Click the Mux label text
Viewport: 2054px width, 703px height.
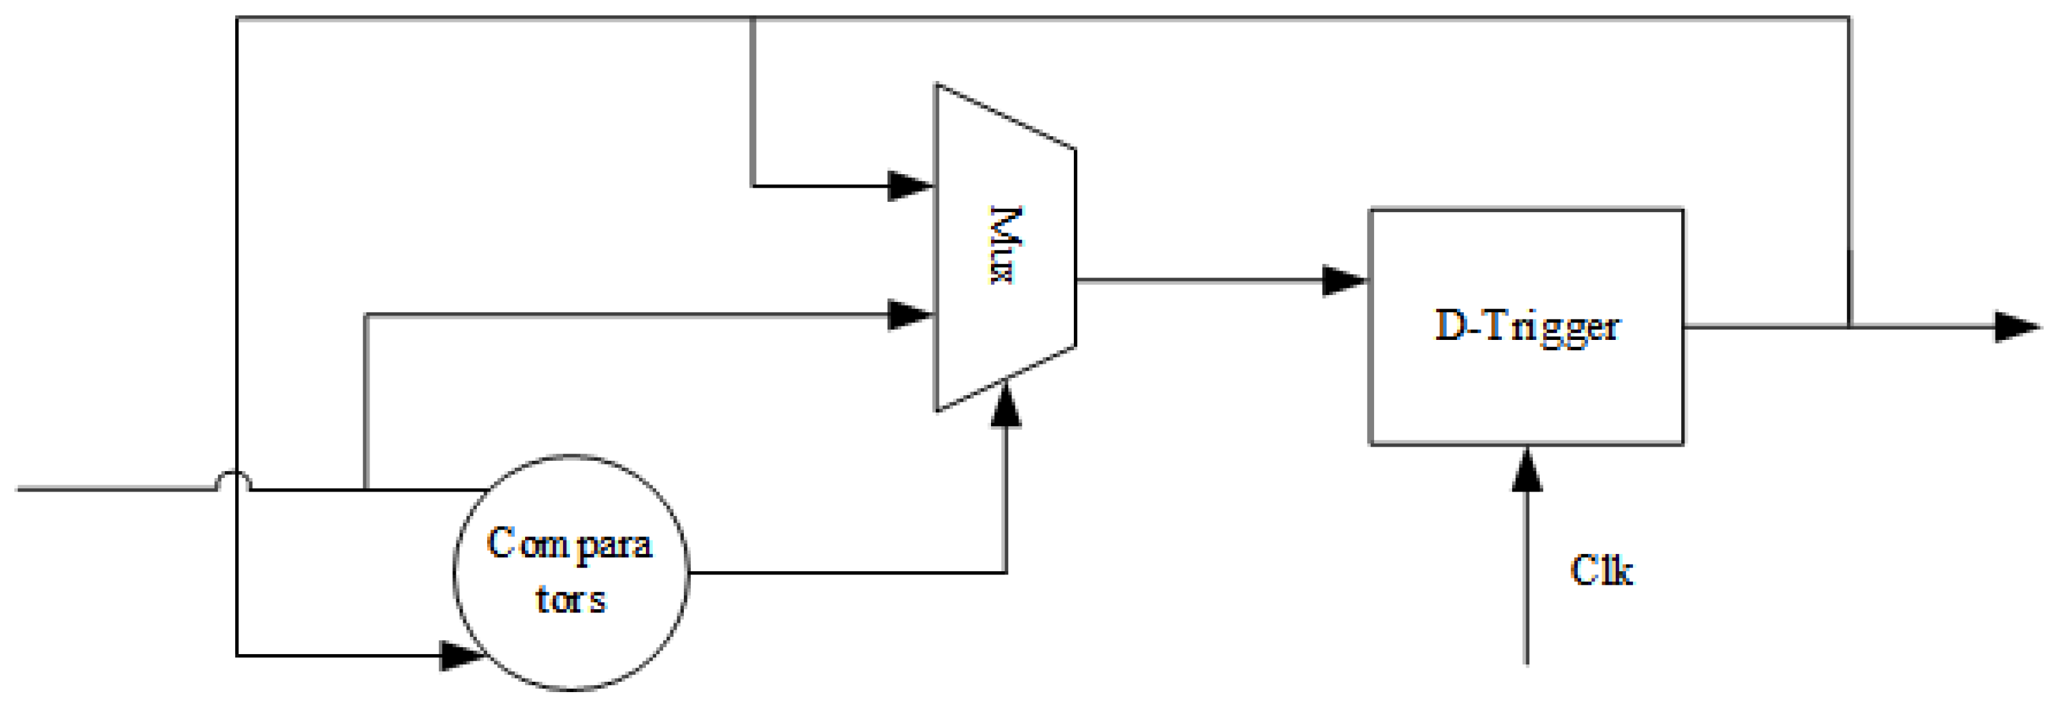click(x=1003, y=245)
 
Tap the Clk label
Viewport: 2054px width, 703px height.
click(x=1601, y=571)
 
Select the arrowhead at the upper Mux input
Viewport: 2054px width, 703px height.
click(x=911, y=186)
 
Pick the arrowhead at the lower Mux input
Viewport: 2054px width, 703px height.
click(x=911, y=315)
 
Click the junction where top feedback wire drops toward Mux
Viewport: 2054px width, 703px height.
click(x=753, y=17)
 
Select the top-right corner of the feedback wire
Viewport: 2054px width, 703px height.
click(x=1849, y=17)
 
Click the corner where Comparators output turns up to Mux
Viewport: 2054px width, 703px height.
click(x=1006, y=573)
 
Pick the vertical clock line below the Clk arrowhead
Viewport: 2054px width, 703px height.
click(x=1527, y=590)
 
